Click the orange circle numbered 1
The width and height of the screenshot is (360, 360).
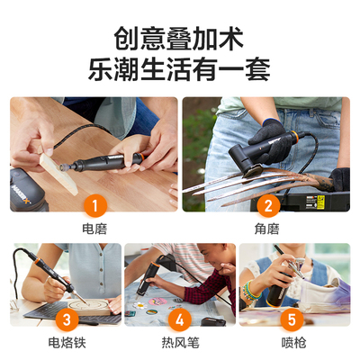click(x=94, y=206)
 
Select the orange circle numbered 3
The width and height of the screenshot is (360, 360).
click(x=66, y=319)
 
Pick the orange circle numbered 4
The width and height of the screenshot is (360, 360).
click(x=180, y=319)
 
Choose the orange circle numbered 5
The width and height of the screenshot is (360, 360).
click(x=293, y=319)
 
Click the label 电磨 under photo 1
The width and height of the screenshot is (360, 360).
click(x=94, y=229)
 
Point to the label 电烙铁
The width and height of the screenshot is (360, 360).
click(x=66, y=343)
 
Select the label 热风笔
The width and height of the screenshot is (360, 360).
click(x=180, y=343)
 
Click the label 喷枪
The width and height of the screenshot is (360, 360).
click(x=293, y=343)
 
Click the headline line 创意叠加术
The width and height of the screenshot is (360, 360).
click(x=180, y=38)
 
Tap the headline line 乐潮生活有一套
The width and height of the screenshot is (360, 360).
click(x=180, y=69)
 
